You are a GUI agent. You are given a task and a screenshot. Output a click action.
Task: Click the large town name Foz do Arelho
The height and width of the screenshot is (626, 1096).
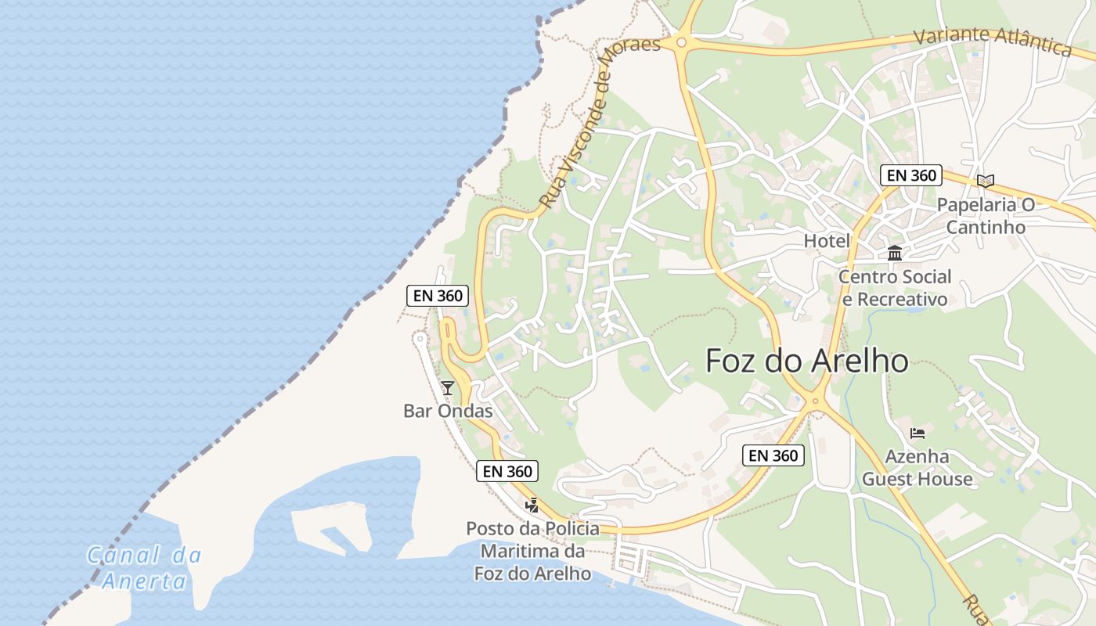[806, 362]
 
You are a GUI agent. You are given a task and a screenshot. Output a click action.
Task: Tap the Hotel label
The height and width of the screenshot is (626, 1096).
[827, 241]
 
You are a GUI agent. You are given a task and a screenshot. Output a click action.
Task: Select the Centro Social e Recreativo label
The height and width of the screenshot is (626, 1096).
[894, 288]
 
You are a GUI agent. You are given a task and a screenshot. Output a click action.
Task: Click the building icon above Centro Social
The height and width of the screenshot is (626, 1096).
[895, 253]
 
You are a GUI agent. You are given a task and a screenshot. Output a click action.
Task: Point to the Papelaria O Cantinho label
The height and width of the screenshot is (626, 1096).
[986, 216]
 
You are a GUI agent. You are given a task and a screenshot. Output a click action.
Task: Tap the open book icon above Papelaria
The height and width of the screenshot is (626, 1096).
[986, 182]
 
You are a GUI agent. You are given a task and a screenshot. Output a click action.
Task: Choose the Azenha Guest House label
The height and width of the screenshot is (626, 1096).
[917, 468]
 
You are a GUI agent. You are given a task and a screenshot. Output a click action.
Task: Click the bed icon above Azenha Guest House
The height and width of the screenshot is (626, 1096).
[918, 434]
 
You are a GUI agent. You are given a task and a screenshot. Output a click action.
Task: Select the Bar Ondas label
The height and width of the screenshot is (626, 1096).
[448, 411]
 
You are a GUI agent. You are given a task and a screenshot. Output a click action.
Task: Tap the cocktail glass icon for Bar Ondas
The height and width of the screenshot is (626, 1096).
[448, 387]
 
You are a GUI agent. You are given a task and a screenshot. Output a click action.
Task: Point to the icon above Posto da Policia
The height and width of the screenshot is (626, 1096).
[532, 505]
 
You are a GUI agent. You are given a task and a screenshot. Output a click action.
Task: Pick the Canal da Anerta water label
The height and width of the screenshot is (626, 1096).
[144, 568]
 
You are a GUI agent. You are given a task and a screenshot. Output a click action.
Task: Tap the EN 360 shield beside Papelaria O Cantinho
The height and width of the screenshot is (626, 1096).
[910, 175]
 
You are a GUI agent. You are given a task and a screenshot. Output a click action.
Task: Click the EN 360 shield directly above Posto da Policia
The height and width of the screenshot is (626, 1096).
[507, 471]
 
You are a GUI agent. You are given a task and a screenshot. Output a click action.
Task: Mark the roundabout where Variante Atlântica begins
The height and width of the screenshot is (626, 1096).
[681, 42]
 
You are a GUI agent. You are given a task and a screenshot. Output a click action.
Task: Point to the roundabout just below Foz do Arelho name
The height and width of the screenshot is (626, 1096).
[815, 401]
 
